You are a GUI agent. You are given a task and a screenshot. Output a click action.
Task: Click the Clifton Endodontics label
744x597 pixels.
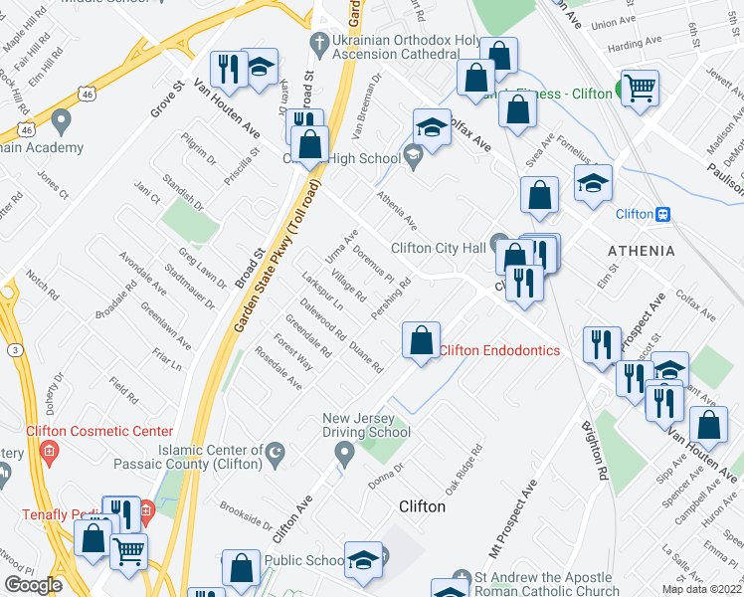(499, 350)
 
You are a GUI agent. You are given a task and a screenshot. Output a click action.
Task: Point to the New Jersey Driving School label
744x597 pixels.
(366, 424)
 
